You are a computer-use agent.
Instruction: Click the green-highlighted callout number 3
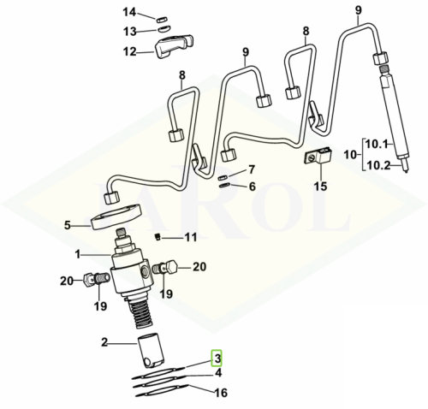[217, 359]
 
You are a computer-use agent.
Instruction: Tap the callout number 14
[130, 12]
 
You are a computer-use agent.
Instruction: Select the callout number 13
[130, 32]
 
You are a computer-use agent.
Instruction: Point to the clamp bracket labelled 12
[174, 45]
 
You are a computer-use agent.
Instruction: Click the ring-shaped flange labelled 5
[116, 216]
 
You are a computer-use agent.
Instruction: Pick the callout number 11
[191, 237]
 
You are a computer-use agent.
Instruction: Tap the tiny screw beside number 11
[158, 236]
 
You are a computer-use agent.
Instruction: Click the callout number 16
[222, 393]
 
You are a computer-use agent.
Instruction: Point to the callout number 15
[320, 187]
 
